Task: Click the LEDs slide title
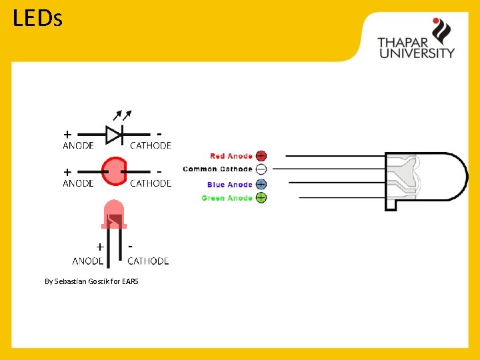pos(37,18)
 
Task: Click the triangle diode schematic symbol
pos(114,135)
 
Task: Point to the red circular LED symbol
pos(114,171)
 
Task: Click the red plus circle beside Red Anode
pos(261,156)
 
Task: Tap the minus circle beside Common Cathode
pos(261,169)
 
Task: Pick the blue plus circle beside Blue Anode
pos(261,184)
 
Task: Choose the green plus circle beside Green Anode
pos(261,198)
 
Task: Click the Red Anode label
pos(231,156)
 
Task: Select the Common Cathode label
pos(217,169)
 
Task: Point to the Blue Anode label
pos(229,185)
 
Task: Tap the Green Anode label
pos(227,198)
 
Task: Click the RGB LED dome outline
pos(427,176)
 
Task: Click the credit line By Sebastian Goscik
pos(91,281)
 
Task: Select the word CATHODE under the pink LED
pos(148,261)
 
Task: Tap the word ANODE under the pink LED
pos(88,261)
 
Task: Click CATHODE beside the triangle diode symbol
pos(151,145)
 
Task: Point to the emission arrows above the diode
pos(122,115)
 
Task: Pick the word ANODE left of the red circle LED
pos(78,183)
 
